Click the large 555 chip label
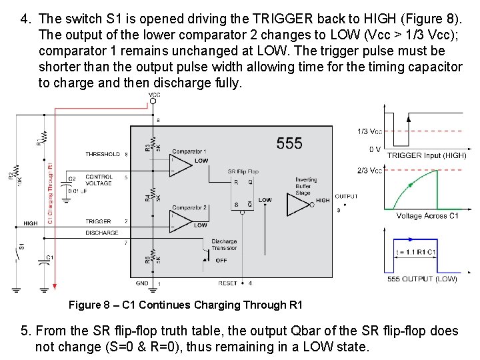(289, 143)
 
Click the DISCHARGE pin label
(102, 233)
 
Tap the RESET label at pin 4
(227, 283)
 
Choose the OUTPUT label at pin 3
(345, 197)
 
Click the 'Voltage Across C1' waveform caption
(427, 216)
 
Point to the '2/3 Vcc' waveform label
(369, 171)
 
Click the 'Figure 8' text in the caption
(89, 305)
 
